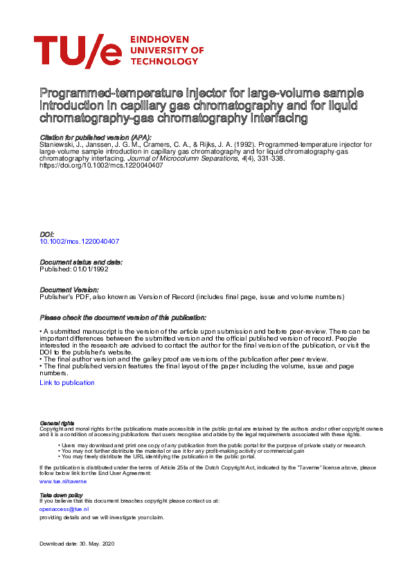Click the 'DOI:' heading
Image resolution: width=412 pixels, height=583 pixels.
[x=47, y=235]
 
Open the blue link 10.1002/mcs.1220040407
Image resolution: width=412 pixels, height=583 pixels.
[x=80, y=242]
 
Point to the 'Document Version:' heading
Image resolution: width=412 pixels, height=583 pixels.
[x=69, y=289]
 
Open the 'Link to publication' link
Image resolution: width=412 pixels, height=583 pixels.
[x=67, y=383]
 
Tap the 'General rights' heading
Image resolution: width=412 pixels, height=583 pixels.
[x=57, y=422]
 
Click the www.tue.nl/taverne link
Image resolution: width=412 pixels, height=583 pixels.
[x=62, y=481]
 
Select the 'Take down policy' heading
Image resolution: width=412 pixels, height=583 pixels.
[x=62, y=495]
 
